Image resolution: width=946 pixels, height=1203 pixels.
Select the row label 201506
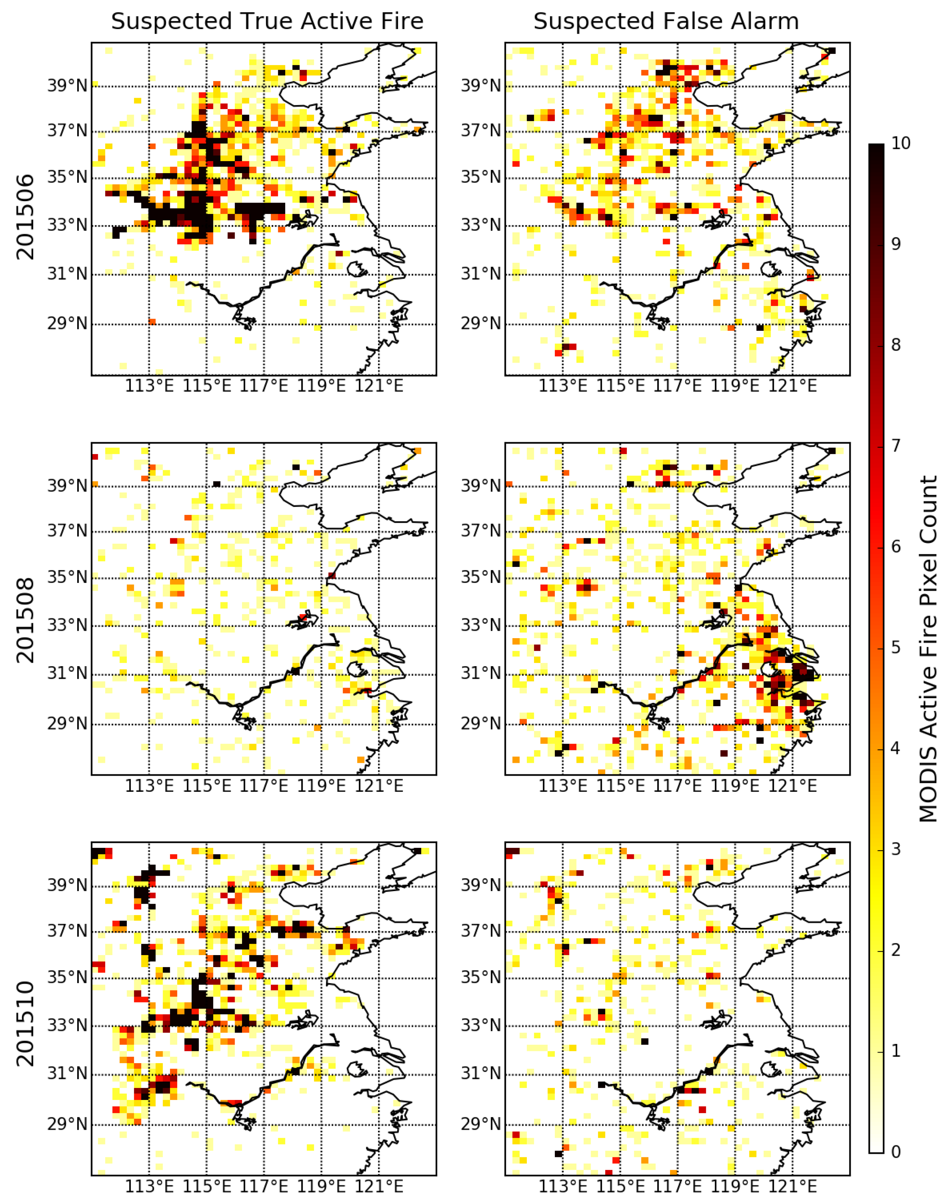click(x=25, y=217)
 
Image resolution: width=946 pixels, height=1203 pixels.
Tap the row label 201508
click(x=25, y=620)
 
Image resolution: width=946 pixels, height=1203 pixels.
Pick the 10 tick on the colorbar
click(x=901, y=143)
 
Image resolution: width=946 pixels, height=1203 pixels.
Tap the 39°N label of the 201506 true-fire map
click(x=67, y=86)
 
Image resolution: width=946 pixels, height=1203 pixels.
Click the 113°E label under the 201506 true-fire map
click(x=149, y=386)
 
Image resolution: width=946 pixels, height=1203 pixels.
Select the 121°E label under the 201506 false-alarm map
click(x=793, y=386)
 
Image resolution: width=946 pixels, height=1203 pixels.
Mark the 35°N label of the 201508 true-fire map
click(x=67, y=577)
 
